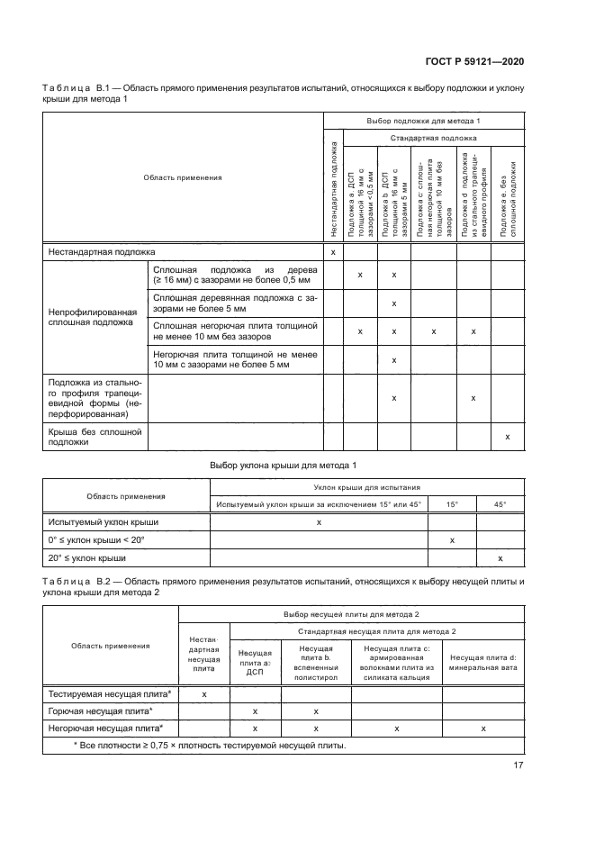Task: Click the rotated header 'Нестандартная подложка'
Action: [333, 190]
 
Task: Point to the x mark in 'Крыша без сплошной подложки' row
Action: [508, 437]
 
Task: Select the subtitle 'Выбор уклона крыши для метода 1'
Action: [284, 465]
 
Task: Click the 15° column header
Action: [452, 505]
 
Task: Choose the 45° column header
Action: [500, 505]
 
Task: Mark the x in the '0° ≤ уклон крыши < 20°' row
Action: [452, 540]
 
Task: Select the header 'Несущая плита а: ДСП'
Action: [256, 663]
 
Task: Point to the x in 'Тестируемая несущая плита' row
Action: [204, 694]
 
